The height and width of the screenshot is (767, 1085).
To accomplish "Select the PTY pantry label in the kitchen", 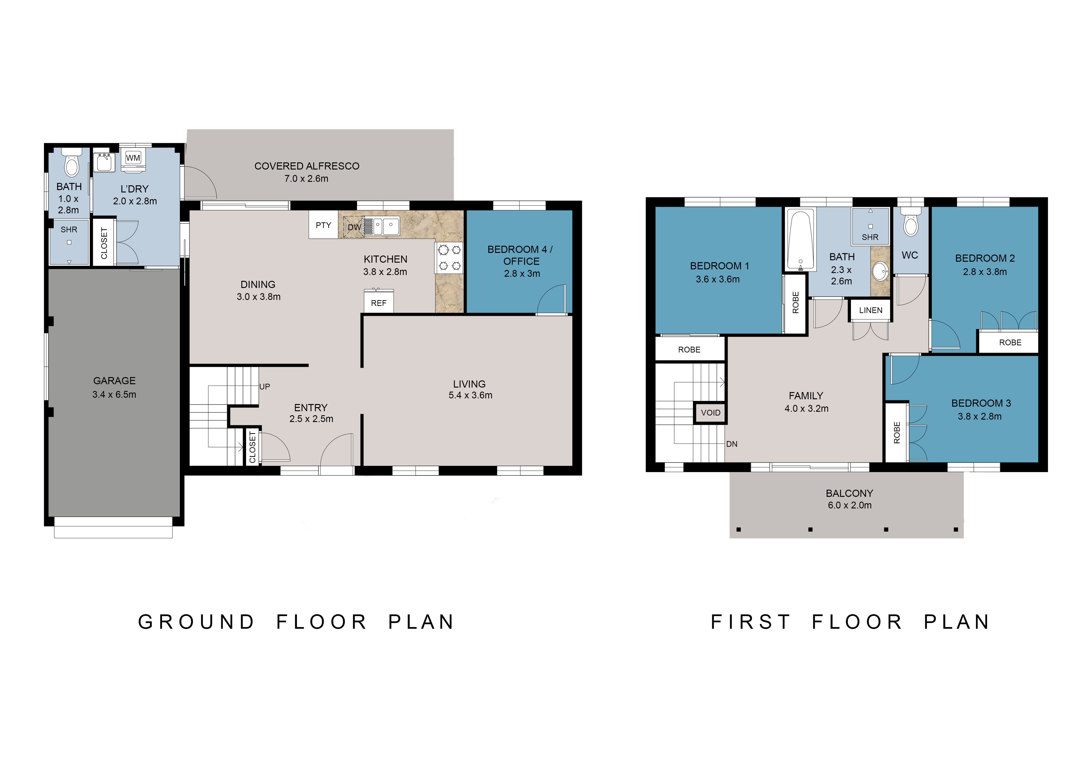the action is point(323,225).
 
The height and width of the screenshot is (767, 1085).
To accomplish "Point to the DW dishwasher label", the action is point(354,227).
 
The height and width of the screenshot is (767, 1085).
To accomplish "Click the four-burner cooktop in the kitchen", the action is point(449,257).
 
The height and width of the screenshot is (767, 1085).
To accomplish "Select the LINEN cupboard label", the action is point(871,310).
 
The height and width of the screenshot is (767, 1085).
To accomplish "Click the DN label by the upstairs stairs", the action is point(732,444).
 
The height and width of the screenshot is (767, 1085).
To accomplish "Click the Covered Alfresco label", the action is point(307,166).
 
